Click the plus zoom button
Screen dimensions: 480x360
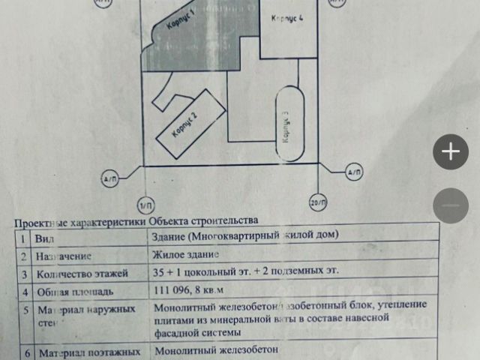[451, 152]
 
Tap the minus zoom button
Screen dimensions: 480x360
[451, 205]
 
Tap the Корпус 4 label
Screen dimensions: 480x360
[286, 17]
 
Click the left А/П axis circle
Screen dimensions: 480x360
[110, 178]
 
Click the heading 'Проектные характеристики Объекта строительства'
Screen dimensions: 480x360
[136, 221]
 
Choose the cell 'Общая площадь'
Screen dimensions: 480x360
[74, 292]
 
